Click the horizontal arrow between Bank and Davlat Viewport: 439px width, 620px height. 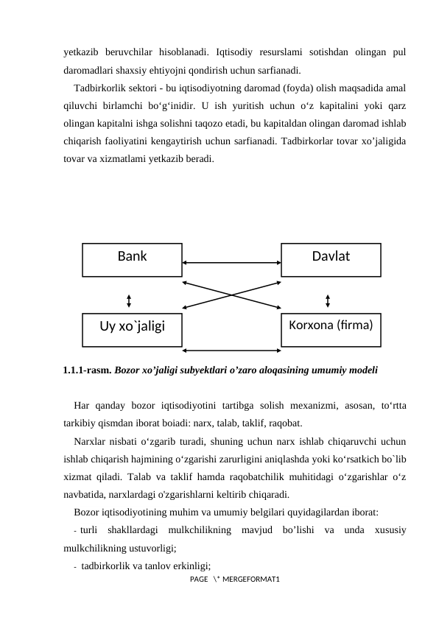231,261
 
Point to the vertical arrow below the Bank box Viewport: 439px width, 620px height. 129,300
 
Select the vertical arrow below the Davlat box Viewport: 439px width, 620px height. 327,300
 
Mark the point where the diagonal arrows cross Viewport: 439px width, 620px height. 231,295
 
